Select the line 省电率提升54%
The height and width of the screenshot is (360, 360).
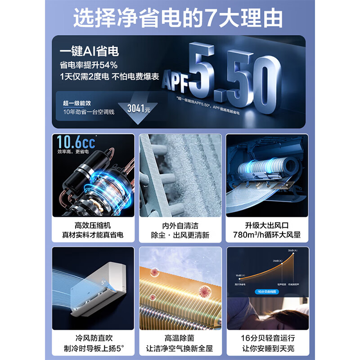(89, 65)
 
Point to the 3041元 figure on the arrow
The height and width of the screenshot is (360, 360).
(138, 108)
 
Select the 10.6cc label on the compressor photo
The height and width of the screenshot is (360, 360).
(76, 143)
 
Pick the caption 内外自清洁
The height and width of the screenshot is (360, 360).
(180, 225)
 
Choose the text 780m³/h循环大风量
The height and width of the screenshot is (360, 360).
(267, 235)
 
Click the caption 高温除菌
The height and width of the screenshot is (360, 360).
(180, 337)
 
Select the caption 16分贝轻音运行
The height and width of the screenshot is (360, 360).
(267, 337)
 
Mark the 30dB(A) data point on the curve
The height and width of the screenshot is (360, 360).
(294, 254)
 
